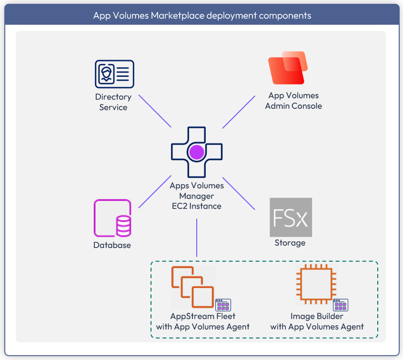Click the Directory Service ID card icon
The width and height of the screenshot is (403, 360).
(x=114, y=74)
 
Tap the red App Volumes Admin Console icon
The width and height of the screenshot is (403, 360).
(x=288, y=68)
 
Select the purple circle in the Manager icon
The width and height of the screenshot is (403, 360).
(x=197, y=152)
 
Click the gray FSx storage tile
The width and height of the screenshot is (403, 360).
(x=291, y=217)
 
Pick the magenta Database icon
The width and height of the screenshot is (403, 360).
(x=112, y=218)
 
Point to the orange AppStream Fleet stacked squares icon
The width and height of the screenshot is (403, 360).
(x=193, y=287)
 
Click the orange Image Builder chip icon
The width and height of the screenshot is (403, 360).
(x=316, y=284)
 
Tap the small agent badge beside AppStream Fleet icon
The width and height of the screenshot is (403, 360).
(x=223, y=305)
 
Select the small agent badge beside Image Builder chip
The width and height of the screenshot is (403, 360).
(x=341, y=305)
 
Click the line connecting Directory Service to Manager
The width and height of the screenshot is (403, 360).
(x=155, y=111)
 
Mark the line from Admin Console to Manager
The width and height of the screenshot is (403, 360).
(x=239, y=112)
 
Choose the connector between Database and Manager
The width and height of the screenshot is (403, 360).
(x=155, y=192)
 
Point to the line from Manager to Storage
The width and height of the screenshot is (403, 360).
(x=239, y=193)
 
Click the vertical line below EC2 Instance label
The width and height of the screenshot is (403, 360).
(x=197, y=238)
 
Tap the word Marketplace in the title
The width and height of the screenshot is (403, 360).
(x=178, y=16)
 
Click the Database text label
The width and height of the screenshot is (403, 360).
(x=112, y=245)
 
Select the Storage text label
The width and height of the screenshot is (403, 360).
(x=290, y=243)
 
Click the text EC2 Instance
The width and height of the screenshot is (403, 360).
(x=197, y=206)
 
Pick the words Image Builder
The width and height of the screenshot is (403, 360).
(x=317, y=316)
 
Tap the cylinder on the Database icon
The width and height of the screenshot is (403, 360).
(x=124, y=226)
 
